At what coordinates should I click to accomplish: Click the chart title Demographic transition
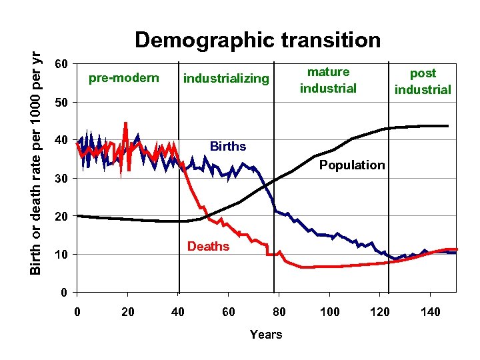pyautogui.click(x=257, y=40)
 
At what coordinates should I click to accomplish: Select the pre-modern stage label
pyautogui.click(x=124, y=79)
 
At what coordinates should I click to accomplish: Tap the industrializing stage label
pyautogui.click(x=226, y=79)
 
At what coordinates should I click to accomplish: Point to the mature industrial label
pyautogui.click(x=328, y=80)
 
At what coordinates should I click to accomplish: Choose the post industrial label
pyautogui.click(x=423, y=81)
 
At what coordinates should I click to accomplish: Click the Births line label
pyautogui.click(x=228, y=147)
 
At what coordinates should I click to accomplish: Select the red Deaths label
pyautogui.click(x=208, y=247)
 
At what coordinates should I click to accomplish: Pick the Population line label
pyautogui.click(x=352, y=165)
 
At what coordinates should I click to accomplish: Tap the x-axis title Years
pyautogui.click(x=266, y=335)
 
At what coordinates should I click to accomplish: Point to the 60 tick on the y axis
pyautogui.click(x=61, y=65)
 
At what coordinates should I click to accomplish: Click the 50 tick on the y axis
pyautogui.click(x=61, y=103)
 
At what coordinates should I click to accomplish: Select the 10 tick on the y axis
pyautogui.click(x=61, y=255)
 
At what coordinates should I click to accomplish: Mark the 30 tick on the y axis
pyautogui.click(x=61, y=179)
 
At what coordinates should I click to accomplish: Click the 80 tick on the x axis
pyautogui.click(x=279, y=312)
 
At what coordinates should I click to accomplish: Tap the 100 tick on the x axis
pyautogui.click(x=329, y=312)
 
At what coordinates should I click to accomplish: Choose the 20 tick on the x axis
pyautogui.click(x=127, y=312)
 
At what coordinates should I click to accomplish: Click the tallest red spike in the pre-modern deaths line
pyautogui.click(x=125, y=123)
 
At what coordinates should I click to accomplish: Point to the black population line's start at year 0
pyautogui.click(x=78, y=216)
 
